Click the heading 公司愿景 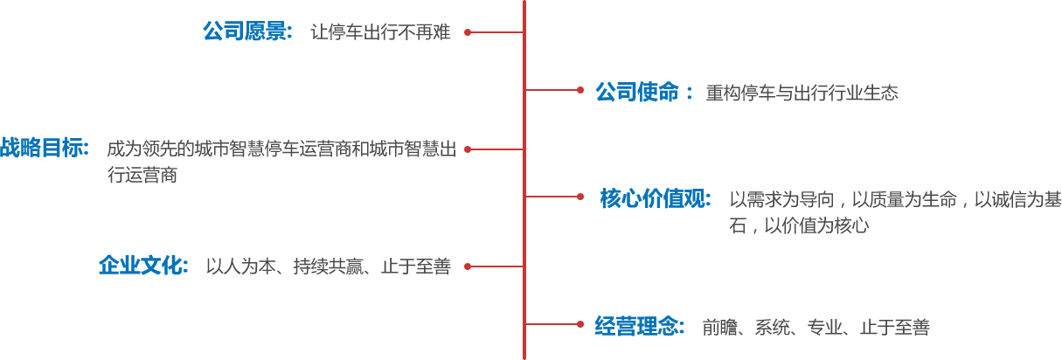tap(247, 32)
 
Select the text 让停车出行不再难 tap(380, 33)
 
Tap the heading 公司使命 tap(637, 92)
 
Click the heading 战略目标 tap(44, 149)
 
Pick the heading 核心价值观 tap(656, 199)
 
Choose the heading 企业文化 tap(143, 266)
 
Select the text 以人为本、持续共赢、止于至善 tap(328, 267)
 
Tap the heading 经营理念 tap(639, 327)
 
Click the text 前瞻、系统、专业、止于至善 tap(815, 328)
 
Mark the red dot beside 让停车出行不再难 tap(468, 32)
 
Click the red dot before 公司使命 tap(580, 89)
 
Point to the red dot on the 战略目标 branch tap(468, 149)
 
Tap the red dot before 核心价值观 tap(580, 197)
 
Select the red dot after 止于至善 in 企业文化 tap(468, 267)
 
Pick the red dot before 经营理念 tap(580, 324)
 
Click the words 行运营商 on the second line tap(142, 175)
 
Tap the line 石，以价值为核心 tap(799, 225)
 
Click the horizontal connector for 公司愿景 tap(496, 32)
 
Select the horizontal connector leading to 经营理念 tap(552, 324)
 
